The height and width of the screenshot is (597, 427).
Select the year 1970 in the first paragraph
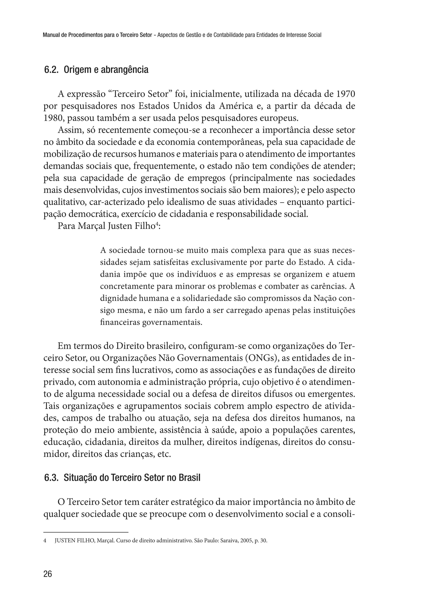point(345,94)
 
